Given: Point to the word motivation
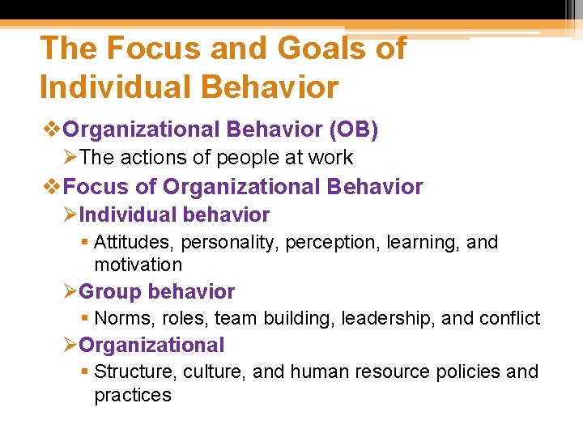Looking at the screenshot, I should pos(138,265).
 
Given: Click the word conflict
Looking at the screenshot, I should pos(509,319).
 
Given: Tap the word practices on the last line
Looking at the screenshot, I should pos(133,395).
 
